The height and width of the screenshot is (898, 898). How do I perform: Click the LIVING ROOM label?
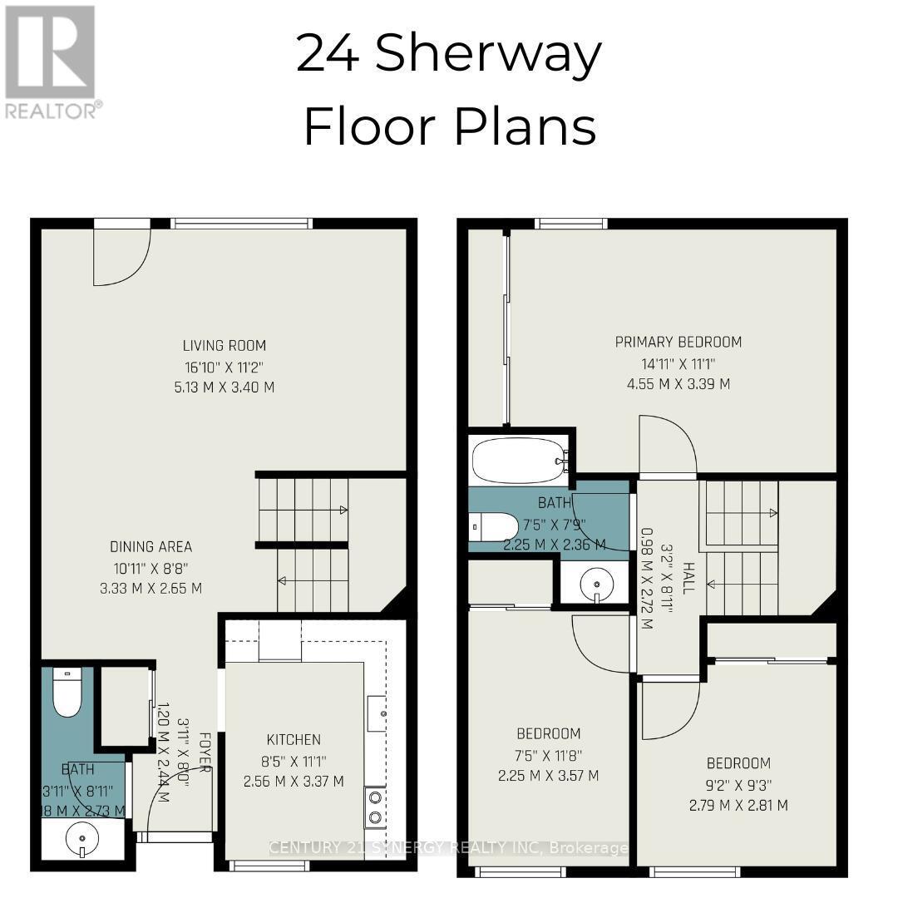coord(224,346)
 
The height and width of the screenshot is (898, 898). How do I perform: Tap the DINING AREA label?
coord(151,547)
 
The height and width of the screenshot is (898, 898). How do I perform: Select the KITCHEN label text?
coord(294,739)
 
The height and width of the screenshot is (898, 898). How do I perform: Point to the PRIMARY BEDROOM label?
coord(678,342)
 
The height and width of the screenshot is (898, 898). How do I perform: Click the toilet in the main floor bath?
coord(67,692)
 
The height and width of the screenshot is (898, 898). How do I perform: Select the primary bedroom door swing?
coord(667,445)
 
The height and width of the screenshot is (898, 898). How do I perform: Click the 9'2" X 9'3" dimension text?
coord(738,784)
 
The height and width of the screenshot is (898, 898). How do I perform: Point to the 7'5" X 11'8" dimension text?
coord(549,755)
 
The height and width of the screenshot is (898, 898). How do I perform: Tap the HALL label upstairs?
coord(688,577)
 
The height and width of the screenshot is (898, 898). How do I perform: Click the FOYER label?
coord(202,752)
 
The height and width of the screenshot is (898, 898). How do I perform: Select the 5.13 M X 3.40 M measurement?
coord(224,387)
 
